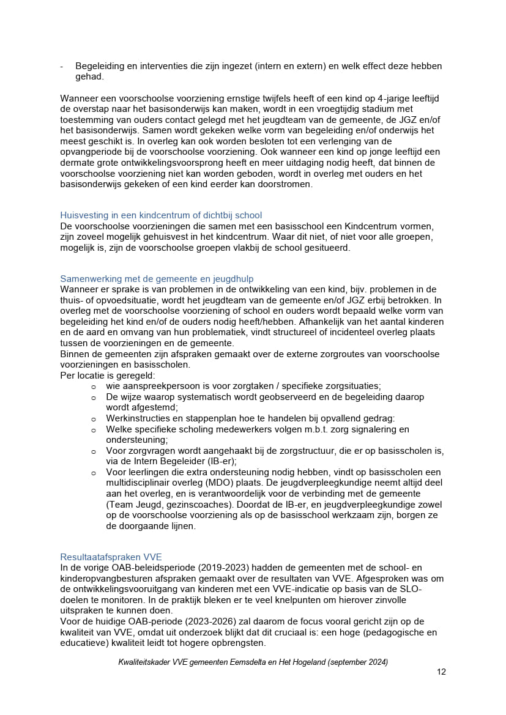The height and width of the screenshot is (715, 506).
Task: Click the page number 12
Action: pos(441,672)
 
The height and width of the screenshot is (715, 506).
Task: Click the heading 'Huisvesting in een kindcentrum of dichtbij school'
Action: pos(161,215)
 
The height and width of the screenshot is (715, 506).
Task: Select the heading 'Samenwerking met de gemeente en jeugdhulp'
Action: pos(157,278)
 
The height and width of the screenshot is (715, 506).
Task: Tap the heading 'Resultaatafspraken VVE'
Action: pos(111,557)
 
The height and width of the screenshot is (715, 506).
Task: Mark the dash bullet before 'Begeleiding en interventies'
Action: pos(62,66)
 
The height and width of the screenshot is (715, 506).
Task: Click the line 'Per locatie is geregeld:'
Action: pos(108,375)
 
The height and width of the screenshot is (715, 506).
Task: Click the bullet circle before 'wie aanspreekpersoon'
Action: pos(94,387)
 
